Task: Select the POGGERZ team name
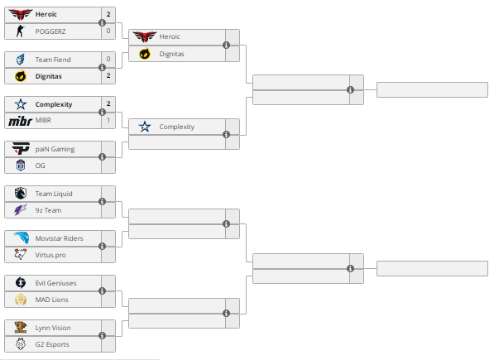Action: [50, 31]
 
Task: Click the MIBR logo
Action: [19, 121]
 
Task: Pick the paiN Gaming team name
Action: [55, 149]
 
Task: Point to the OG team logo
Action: [20, 166]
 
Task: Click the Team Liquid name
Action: [54, 194]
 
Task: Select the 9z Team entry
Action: [48, 210]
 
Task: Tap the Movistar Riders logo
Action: [20, 238]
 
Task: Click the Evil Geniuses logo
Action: [20, 283]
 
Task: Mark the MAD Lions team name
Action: [51, 300]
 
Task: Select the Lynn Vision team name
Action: [53, 328]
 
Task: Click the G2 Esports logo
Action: [20, 344]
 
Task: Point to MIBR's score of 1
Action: [108, 121]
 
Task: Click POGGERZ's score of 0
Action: [108, 31]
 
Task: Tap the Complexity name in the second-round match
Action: [176, 127]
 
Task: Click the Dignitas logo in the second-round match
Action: [144, 54]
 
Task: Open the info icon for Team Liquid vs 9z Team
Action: [102, 201]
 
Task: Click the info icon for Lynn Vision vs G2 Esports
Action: [102, 335]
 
